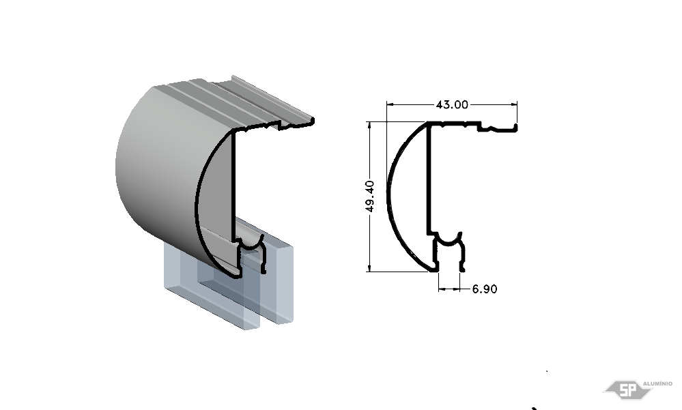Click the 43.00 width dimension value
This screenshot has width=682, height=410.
click(x=452, y=105)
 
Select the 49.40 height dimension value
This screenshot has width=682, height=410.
click(x=370, y=196)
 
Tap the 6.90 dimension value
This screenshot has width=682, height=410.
click(x=485, y=289)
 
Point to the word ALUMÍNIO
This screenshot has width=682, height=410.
click(x=657, y=383)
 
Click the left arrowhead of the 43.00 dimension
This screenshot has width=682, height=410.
click(x=390, y=104)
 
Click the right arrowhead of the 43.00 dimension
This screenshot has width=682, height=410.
click(x=513, y=104)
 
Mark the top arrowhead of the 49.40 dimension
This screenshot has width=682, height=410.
click(x=370, y=126)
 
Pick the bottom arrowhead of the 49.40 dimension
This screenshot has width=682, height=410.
click(x=370, y=268)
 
